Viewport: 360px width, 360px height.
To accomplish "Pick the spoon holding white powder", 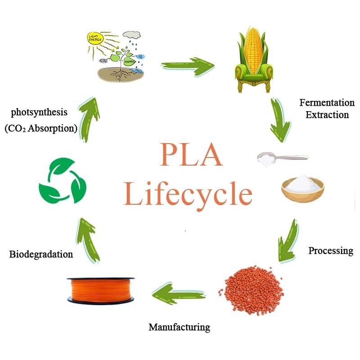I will (x=281, y=158).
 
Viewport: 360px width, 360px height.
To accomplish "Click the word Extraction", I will (x=327, y=115).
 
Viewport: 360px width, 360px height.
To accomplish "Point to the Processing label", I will (x=331, y=251).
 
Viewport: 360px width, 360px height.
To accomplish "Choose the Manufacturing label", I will (x=179, y=327).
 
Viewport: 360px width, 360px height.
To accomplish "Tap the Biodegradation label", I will (x=41, y=254).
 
